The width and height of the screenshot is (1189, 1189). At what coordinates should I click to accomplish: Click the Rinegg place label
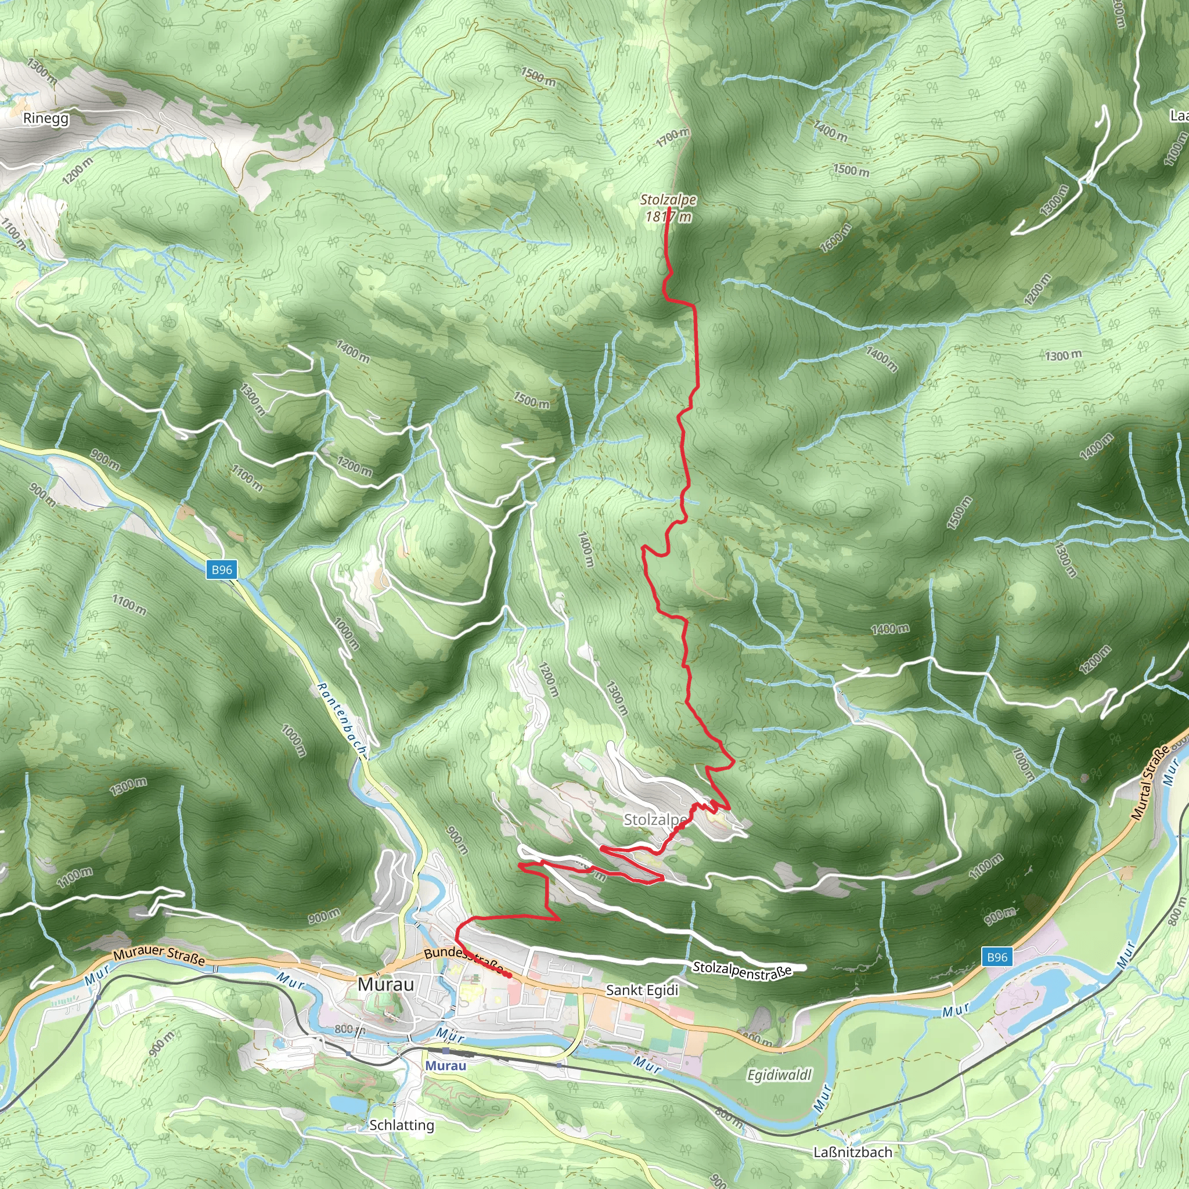45,118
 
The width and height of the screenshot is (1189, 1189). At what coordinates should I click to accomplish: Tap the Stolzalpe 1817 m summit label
668,208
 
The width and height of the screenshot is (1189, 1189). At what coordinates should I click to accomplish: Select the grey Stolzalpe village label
655,820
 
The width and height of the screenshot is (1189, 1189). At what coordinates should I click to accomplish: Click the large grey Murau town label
386,984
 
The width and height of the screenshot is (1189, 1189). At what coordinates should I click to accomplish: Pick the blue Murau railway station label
445,1065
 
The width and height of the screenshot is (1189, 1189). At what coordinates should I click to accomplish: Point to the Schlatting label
402,1125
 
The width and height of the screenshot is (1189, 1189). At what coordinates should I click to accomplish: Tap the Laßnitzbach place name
852,1152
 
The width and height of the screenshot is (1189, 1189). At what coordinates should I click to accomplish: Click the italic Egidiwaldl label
779,1075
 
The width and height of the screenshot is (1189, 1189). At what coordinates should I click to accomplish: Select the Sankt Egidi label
642,990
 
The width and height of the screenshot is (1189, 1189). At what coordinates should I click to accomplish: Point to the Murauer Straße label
158,955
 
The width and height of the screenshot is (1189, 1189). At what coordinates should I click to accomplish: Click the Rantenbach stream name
340,717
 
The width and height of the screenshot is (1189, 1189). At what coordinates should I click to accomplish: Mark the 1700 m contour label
673,137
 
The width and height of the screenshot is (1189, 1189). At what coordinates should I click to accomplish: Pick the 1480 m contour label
890,629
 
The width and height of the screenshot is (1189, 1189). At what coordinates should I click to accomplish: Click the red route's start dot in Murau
510,976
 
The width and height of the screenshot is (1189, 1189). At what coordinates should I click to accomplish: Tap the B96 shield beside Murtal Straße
997,957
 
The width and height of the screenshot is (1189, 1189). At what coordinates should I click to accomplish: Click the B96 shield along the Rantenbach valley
222,570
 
